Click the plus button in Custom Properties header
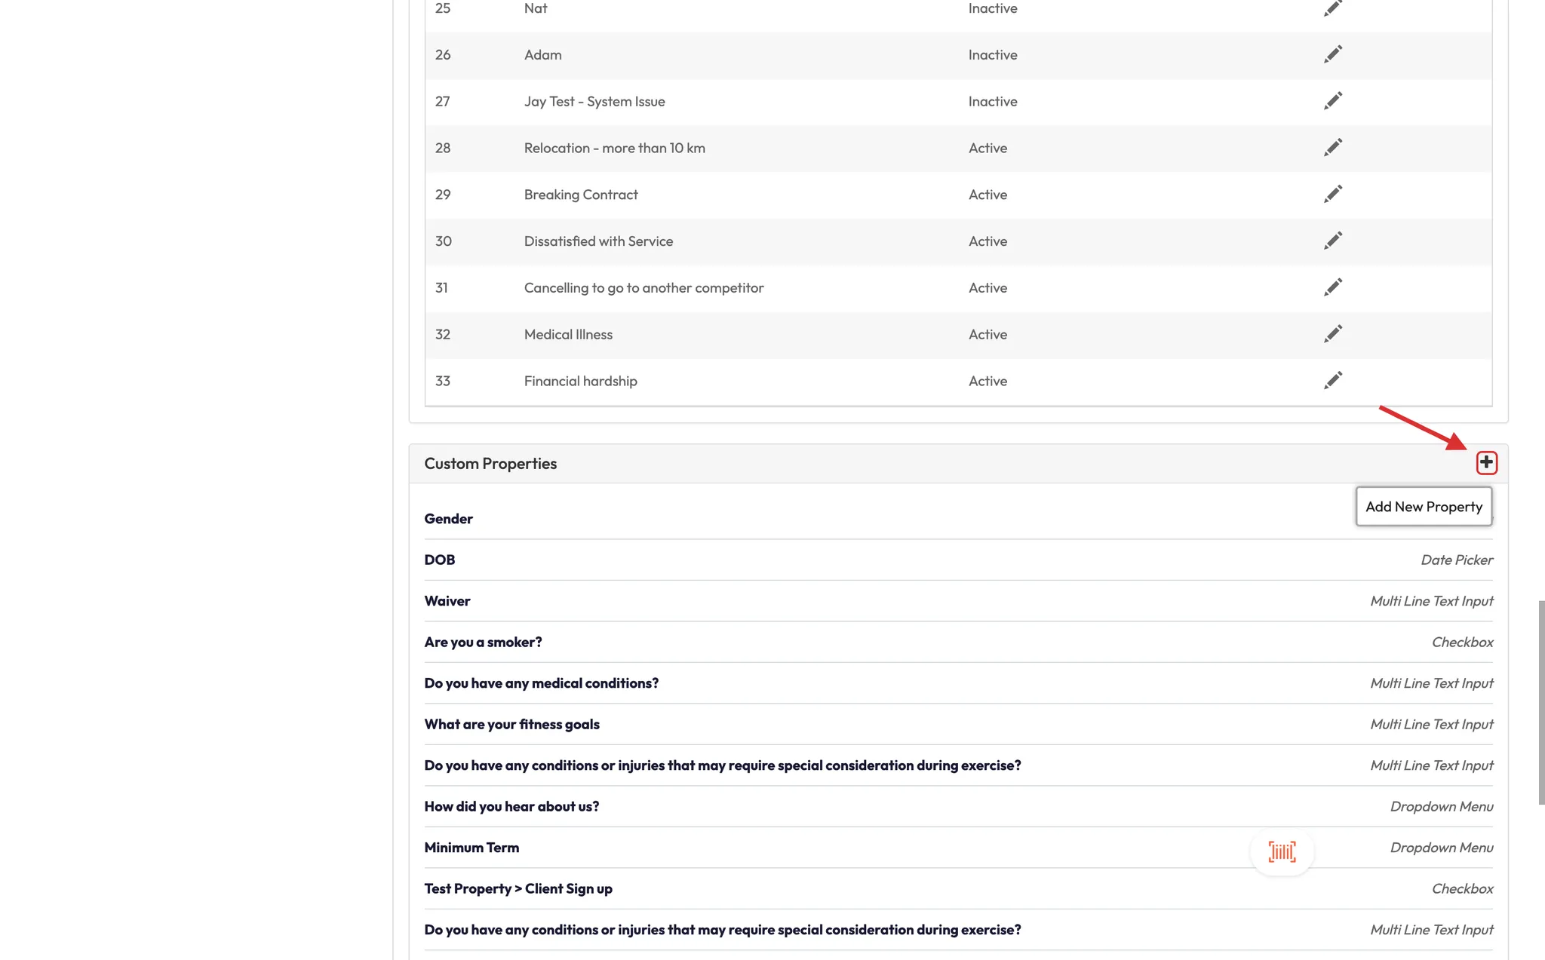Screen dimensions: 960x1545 click(1486, 462)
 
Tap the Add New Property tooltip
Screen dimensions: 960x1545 click(1424, 507)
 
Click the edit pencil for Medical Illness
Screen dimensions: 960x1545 click(1333, 334)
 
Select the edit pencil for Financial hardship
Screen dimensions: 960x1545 click(1333, 380)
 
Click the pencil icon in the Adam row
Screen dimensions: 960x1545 click(1333, 54)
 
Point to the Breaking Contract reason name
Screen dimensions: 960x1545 click(581, 195)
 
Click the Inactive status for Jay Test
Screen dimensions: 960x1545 click(993, 101)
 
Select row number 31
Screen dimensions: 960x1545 click(441, 288)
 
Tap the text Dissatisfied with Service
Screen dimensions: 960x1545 click(598, 241)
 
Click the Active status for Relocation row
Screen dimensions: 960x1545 click(988, 148)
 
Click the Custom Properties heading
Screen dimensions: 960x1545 click(490, 464)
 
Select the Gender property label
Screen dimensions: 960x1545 click(448, 519)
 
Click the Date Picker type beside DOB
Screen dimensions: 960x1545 click(1456, 560)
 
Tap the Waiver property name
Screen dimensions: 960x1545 click(447, 601)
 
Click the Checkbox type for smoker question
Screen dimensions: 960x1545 click(1462, 642)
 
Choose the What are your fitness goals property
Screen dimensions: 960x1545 click(511, 724)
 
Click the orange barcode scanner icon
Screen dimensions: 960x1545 click(1282, 851)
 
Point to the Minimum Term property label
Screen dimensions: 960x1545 click(471, 848)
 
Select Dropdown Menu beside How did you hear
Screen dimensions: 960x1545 click(1441, 806)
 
